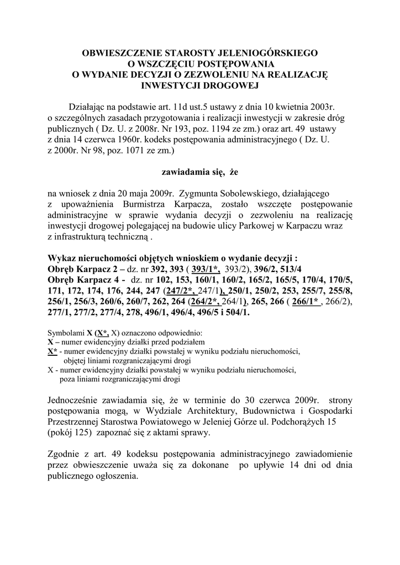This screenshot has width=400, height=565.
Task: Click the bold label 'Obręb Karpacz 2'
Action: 82,269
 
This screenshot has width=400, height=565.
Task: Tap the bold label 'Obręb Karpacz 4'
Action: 82,280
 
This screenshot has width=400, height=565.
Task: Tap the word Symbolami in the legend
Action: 65,333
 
